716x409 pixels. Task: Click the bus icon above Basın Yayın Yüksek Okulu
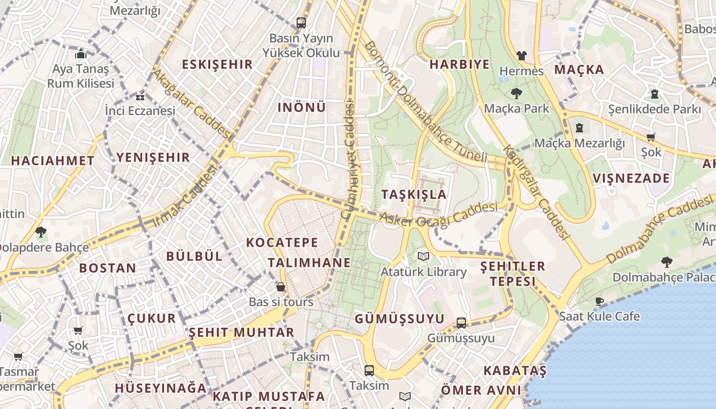pyautogui.click(x=301, y=23)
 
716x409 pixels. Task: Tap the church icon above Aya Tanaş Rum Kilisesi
pyautogui.click(x=81, y=54)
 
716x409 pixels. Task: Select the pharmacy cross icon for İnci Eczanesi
pyautogui.click(x=140, y=96)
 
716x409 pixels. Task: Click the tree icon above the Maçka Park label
pyautogui.click(x=516, y=94)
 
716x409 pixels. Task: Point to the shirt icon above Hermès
pyautogui.click(x=521, y=56)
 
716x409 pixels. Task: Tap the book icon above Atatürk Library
pyautogui.click(x=423, y=257)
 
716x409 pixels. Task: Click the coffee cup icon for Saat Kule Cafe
pyautogui.click(x=599, y=302)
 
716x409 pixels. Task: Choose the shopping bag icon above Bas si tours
pyautogui.click(x=281, y=287)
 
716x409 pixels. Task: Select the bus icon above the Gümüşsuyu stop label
pyautogui.click(x=461, y=323)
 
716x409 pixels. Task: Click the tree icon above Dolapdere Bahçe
pyautogui.click(x=41, y=232)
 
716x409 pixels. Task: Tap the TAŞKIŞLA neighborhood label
pyautogui.click(x=414, y=195)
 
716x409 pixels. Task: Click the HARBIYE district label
pyautogui.click(x=459, y=64)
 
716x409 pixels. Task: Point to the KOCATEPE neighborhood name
pyautogui.click(x=282, y=242)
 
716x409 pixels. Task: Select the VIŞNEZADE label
pyautogui.click(x=631, y=178)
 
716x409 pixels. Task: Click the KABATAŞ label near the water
pyautogui.click(x=514, y=370)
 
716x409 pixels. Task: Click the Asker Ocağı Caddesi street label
pyautogui.click(x=438, y=215)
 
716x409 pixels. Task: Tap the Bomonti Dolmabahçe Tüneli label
pyautogui.click(x=425, y=102)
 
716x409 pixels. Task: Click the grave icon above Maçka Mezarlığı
pyautogui.click(x=579, y=127)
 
